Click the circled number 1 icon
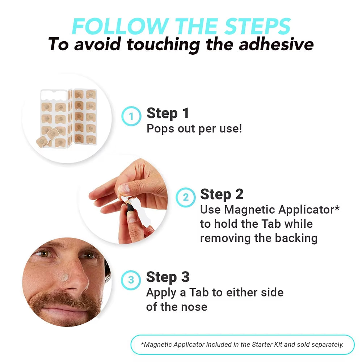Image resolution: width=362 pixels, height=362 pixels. [x=131, y=116]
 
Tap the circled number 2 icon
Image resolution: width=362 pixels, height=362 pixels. [x=186, y=197]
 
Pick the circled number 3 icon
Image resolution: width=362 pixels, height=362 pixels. [x=131, y=280]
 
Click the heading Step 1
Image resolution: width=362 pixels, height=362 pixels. [x=168, y=113]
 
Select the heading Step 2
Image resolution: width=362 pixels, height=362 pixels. [x=222, y=194]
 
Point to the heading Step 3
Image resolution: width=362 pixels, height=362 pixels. [x=168, y=277]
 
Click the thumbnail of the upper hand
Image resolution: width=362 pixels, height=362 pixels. [x=124, y=189]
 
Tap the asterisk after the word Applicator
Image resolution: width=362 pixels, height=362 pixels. [x=337, y=207]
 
